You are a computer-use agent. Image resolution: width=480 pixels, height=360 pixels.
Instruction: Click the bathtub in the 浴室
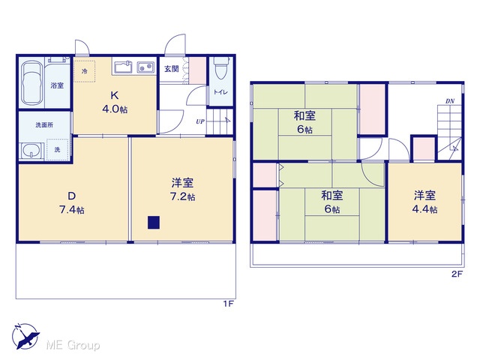pos(31,82)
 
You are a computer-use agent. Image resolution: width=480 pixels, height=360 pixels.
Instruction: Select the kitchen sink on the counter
pos(123,67)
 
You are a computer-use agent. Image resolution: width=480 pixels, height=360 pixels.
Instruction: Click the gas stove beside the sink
pos(145,67)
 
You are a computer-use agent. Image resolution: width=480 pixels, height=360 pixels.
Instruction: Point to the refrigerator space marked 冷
pos(85,71)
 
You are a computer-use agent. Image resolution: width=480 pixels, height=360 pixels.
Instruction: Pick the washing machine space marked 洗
pos(58,149)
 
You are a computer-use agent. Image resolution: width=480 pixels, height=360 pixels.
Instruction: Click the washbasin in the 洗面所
pos(31,151)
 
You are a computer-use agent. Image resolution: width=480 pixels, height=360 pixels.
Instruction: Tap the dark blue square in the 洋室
pos(153,223)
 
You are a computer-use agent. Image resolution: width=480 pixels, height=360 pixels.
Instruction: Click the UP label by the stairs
pos(200,121)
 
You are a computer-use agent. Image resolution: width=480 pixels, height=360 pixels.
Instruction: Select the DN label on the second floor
pos(450,101)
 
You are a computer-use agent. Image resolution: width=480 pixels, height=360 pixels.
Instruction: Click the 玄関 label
pos(172,69)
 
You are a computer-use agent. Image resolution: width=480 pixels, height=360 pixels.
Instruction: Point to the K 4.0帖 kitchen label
pos(115,102)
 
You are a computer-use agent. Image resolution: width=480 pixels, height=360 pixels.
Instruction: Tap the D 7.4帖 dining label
pos(72,202)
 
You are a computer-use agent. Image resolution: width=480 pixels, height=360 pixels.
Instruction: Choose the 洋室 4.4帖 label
pos(425,202)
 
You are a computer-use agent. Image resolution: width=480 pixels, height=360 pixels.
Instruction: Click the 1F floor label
pos(228,304)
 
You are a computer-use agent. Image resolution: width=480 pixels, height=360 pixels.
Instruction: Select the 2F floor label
pos(457,274)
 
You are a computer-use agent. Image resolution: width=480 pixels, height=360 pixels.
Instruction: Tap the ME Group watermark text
pos(73,345)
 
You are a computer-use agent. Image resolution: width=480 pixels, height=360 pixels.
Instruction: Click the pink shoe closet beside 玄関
pos(197,70)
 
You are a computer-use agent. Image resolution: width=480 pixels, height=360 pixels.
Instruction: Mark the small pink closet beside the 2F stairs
pos(424,148)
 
